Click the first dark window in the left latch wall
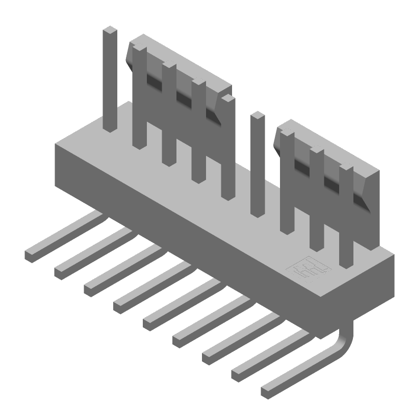pos(154,79)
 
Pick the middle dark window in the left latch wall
pos(183,95)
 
